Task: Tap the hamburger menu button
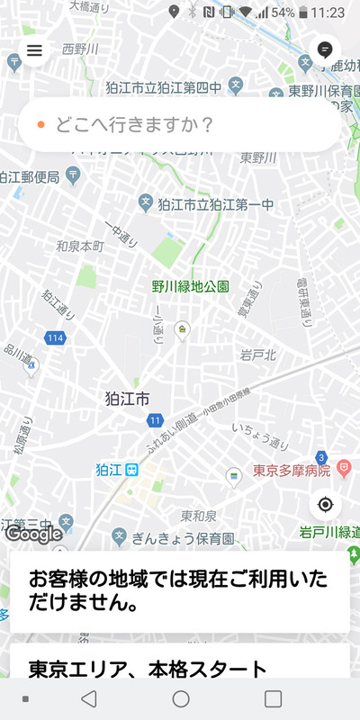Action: click(x=34, y=50)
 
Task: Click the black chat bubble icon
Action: click(x=325, y=50)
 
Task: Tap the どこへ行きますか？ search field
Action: click(x=180, y=124)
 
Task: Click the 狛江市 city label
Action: click(x=127, y=398)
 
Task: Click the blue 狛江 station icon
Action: click(x=131, y=469)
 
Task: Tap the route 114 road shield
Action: click(x=56, y=337)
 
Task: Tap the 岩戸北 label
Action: click(x=257, y=355)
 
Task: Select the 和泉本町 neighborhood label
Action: click(x=80, y=245)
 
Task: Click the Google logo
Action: click(x=34, y=534)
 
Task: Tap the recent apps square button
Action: click(x=273, y=698)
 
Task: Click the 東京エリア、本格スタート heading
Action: click(x=148, y=669)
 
